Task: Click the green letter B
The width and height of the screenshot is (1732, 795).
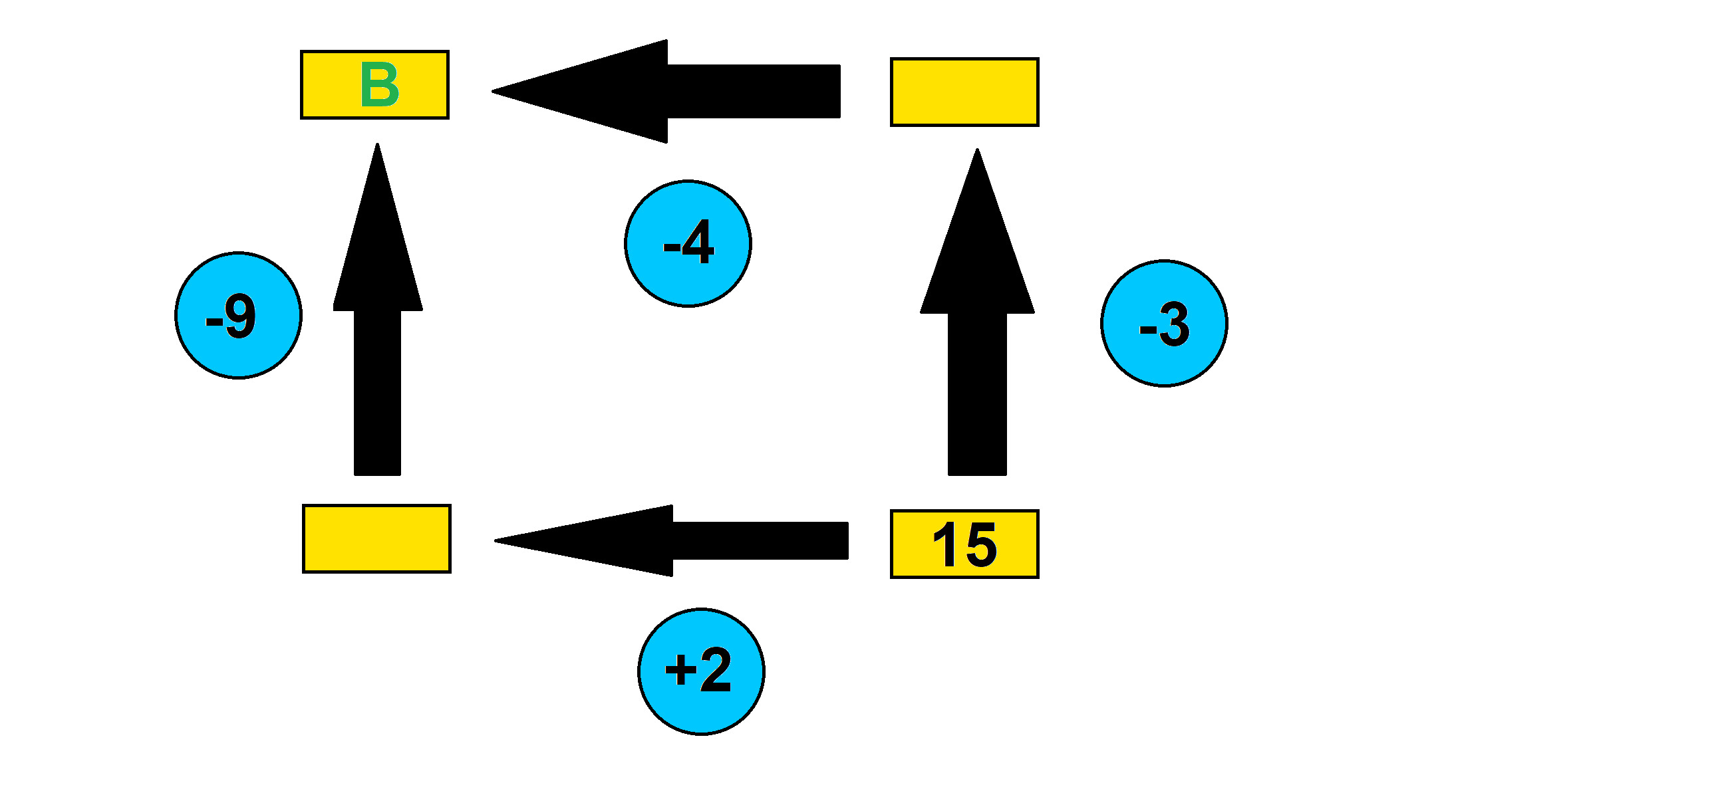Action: pyautogui.click(x=380, y=84)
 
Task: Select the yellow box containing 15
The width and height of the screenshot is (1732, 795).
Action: pyautogui.click(x=964, y=544)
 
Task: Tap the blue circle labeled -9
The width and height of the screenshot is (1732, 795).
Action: pyautogui.click(x=238, y=315)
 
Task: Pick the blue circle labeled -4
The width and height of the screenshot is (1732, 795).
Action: pyautogui.click(x=688, y=243)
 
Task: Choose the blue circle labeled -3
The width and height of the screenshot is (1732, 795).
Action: pyautogui.click(x=1164, y=323)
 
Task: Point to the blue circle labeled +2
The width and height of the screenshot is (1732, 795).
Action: pyautogui.click(x=700, y=671)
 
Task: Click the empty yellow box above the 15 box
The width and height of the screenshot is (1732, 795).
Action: pyautogui.click(x=964, y=92)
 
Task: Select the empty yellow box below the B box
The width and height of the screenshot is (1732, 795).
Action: pyautogui.click(x=376, y=538)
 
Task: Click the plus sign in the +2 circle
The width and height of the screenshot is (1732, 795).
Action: pyautogui.click(x=680, y=671)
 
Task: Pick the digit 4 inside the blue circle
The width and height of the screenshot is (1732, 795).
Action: pyautogui.click(x=698, y=241)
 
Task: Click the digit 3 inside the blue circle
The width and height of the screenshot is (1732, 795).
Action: pyautogui.click(x=1174, y=324)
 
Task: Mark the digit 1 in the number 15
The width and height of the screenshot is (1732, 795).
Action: pyautogui.click(x=945, y=544)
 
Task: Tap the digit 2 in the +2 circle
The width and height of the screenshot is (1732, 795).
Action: pyautogui.click(x=715, y=670)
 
